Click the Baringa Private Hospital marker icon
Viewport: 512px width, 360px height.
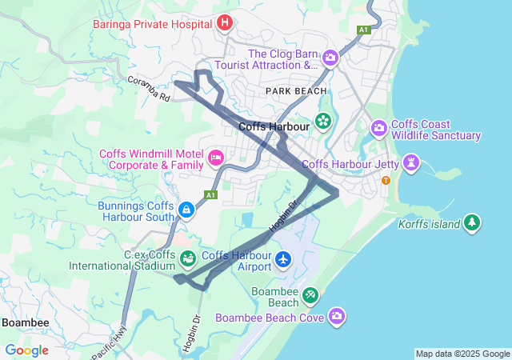point(225,22)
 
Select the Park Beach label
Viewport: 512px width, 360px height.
point(296,91)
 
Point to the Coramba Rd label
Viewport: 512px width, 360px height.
point(149,89)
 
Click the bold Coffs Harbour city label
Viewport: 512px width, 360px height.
point(274,126)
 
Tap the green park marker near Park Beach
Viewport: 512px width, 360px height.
point(323,122)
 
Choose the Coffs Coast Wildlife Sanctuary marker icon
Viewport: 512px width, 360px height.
point(378,128)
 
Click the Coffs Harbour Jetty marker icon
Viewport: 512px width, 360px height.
point(412,164)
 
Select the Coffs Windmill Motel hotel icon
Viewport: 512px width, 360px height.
point(215,158)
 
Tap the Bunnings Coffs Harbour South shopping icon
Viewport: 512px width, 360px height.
point(186,210)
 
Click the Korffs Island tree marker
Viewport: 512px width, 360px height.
point(473,222)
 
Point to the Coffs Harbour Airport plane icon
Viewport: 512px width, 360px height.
point(283,259)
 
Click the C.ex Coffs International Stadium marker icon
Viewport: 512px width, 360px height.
point(188,259)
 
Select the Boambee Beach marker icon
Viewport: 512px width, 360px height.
point(310,297)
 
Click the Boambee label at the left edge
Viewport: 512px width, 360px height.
point(24,322)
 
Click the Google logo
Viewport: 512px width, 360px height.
point(26,350)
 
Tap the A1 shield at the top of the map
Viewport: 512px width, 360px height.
point(363,30)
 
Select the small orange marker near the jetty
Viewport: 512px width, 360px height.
point(386,180)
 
